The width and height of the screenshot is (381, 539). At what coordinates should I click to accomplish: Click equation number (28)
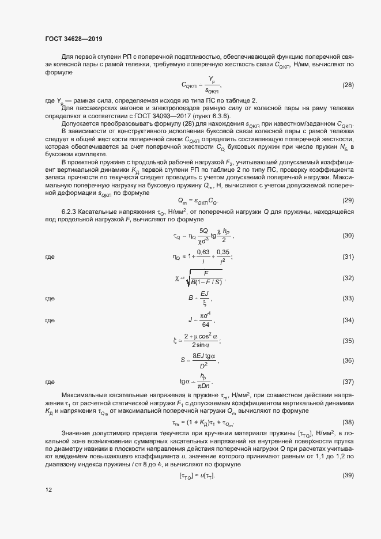click(348, 85)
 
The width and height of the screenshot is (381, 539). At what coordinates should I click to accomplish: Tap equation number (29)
click(348, 201)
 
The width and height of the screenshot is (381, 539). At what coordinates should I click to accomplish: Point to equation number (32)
click(348, 278)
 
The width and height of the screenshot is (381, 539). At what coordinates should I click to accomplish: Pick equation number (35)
click(348, 341)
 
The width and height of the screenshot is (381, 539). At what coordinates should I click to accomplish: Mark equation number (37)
click(348, 382)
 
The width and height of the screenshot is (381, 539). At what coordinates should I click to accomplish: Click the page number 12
click(48, 506)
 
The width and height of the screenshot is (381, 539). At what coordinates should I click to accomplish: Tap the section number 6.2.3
click(71, 213)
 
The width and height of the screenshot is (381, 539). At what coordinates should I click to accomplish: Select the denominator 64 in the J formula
click(205, 324)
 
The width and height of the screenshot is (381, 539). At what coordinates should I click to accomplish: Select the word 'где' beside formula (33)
click(50, 299)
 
